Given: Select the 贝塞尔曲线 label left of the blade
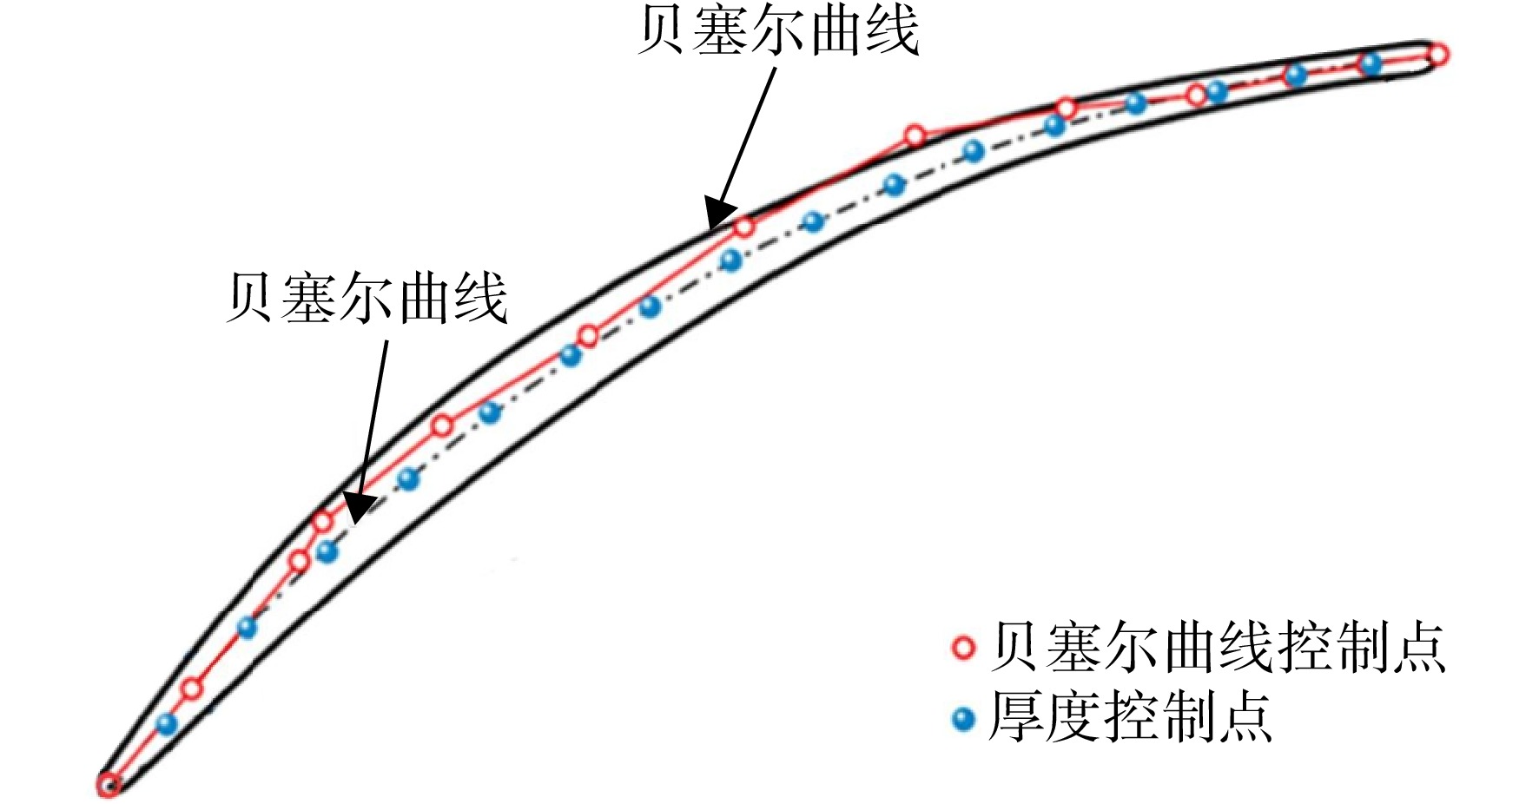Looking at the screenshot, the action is pos(367,298).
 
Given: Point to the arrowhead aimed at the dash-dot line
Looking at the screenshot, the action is pos(359,508).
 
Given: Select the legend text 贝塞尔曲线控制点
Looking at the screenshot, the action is pos(1219,648).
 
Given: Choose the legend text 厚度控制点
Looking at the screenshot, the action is pos(1131,717).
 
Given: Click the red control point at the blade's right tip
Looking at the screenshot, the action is pos(1437,55).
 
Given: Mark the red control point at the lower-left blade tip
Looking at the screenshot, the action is pos(108,785).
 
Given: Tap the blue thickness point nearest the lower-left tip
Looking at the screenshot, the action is pos(167,724).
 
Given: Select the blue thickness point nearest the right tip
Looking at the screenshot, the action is pos(1371,63).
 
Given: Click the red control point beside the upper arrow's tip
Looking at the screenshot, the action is pos(743,227).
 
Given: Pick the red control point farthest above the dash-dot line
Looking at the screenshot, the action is pos(915,135).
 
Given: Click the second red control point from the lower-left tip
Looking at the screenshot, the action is pos(192,689).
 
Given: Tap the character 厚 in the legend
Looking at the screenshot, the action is pos(1018,717).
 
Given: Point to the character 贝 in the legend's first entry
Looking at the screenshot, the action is pos(1018,648).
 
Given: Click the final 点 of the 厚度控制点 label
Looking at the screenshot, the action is pos(1245,717).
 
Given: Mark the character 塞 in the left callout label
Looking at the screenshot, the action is pos(309,298).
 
